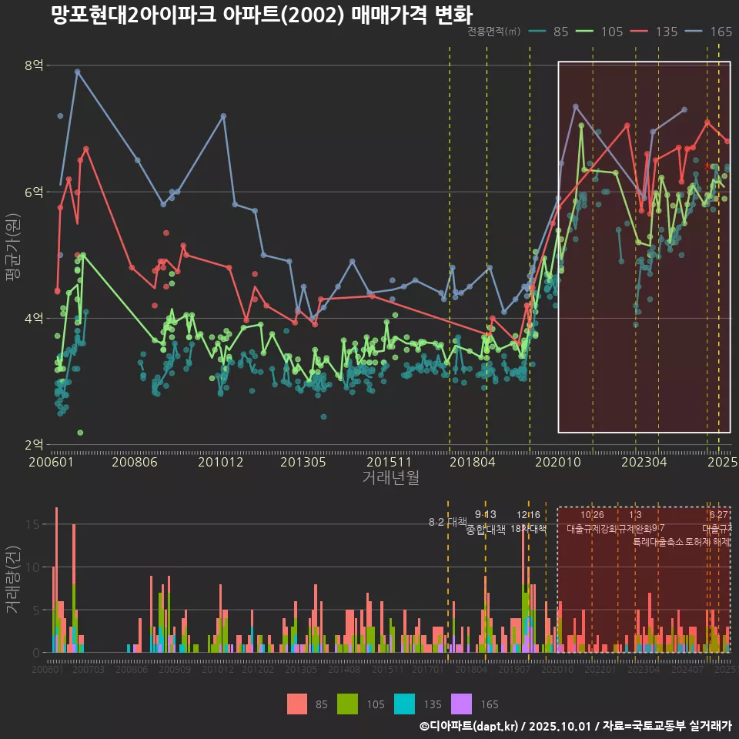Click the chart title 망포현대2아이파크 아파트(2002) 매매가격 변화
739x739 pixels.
pos(261,15)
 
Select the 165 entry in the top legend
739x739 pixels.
pos(721,32)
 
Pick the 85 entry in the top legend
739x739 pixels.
pos(560,32)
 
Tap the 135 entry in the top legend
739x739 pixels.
pos(667,32)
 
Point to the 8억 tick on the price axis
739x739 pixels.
pos(34,65)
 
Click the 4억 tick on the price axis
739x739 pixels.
pos(34,318)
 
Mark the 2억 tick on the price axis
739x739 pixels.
pos(34,444)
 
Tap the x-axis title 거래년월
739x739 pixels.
pos(390,478)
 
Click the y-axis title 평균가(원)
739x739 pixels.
pos(13,255)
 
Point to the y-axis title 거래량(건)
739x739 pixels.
pos(13,580)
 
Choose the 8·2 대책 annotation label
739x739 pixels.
pos(447,522)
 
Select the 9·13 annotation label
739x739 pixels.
pos(485,514)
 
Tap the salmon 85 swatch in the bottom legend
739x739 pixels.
pos(297,704)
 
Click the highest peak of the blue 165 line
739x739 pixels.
pos(77,72)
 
